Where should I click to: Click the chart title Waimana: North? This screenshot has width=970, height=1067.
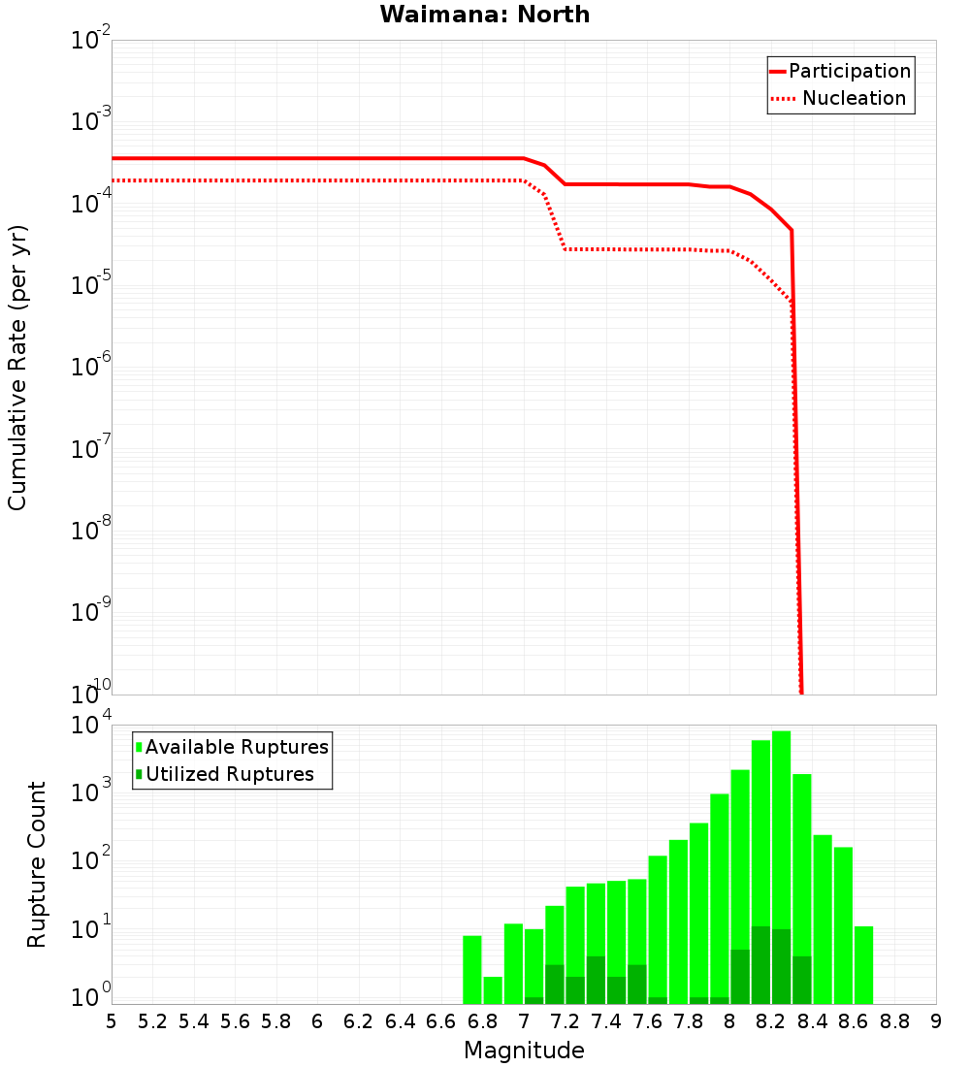click(x=485, y=15)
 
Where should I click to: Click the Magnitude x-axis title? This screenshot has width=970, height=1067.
click(x=524, y=1051)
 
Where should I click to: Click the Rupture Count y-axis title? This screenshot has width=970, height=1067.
click(x=37, y=864)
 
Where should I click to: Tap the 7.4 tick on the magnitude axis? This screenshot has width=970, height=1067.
click(x=606, y=1021)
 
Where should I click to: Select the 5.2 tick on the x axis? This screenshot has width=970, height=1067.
click(x=153, y=1021)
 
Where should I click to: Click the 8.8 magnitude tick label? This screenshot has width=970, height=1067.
click(x=894, y=1021)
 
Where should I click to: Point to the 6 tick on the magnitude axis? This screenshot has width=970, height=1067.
click(x=317, y=1021)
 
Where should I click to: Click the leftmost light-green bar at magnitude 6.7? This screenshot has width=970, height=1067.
click(x=472, y=970)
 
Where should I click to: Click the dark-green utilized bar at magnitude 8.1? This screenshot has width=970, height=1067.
click(x=760, y=965)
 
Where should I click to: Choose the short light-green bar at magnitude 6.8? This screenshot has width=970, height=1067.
click(x=493, y=990)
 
